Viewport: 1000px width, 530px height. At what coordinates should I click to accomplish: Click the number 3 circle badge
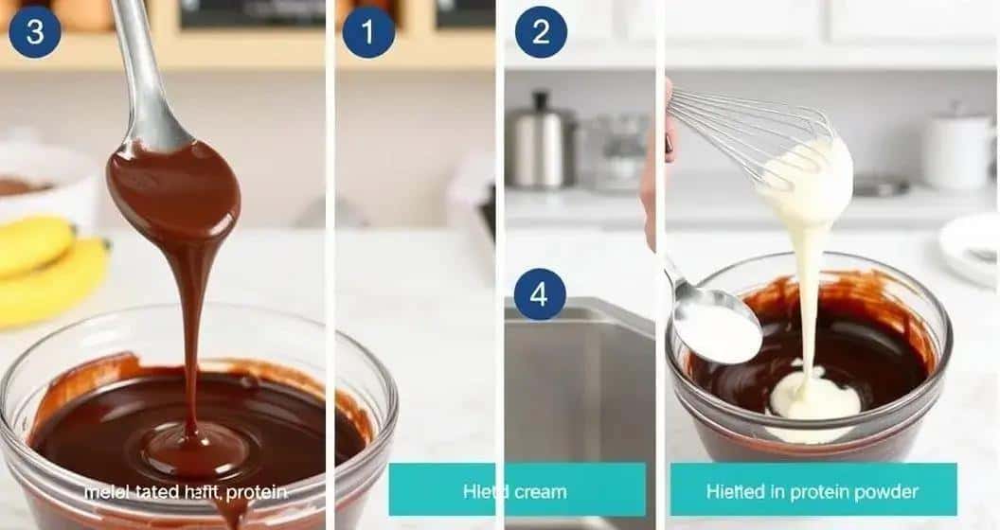[35, 32]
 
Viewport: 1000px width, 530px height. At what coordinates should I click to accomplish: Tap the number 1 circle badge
[368, 32]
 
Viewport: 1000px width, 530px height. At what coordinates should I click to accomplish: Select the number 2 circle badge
[541, 32]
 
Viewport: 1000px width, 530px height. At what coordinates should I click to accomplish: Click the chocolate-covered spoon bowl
[173, 189]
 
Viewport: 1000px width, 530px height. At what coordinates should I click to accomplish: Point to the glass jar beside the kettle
[620, 151]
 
